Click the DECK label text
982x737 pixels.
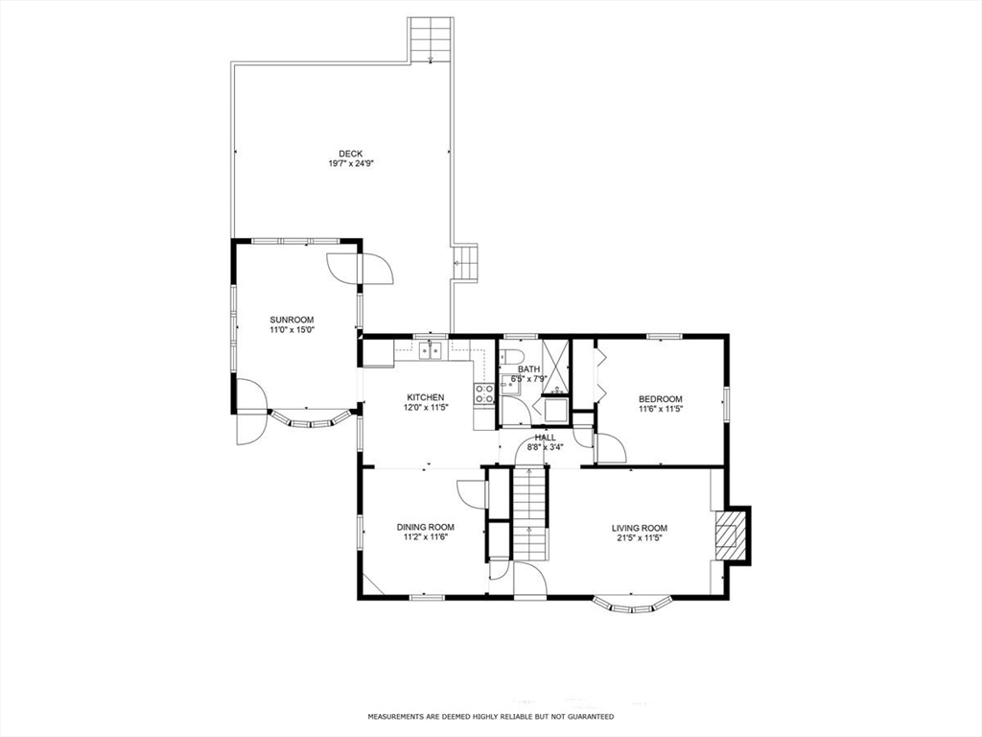pyautogui.click(x=350, y=154)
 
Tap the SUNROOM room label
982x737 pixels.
pyautogui.click(x=292, y=320)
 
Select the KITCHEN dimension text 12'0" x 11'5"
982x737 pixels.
pyautogui.click(x=425, y=407)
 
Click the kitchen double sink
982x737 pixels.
pyautogui.click(x=431, y=352)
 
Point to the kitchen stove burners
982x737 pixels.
pyautogui.click(x=484, y=392)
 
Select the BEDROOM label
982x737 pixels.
pyautogui.click(x=661, y=399)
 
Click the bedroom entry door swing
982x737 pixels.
pyautogui.click(x=610, y=447)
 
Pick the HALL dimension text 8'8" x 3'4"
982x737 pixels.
pyautogui.click(x=545, y=446)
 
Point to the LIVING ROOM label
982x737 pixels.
pyautogui.click(x=640, y=528)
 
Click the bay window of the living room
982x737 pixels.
pyautogui.click(x=632, y=605)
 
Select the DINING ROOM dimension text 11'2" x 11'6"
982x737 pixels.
pyautogui.click(x=426, y=537)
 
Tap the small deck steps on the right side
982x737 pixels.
pyautogui.click(x=465, y=262)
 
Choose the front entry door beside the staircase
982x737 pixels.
pyautogui.click(x=529, y=580)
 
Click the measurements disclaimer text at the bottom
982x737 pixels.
pyautogui.click(x=490, y=716)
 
